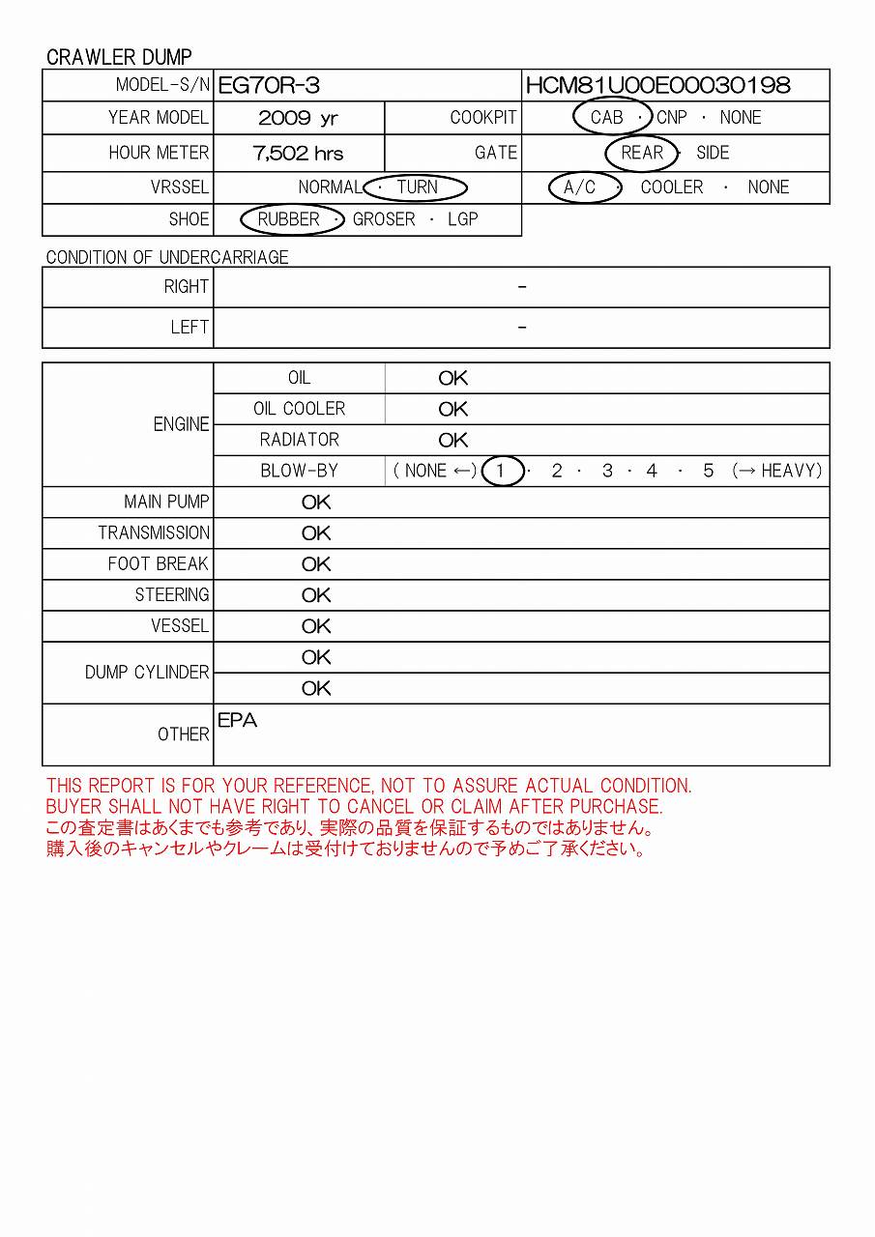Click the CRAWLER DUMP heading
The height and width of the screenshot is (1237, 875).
pyautogui.click(x=119, y=57)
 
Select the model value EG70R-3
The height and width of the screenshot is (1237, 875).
pyautogui.click(x=269, y=85)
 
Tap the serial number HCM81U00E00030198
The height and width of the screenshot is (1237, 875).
pyautogui.click(x=657, y=85)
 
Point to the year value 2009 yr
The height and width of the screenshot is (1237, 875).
pyautogui.click(x=298, y=118)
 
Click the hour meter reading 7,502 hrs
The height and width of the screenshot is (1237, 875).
pyautogui.click(x=298, y=153)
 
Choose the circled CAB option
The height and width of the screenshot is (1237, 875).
pyautogui.click(x=607, y=118)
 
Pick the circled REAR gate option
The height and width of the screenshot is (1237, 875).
pyautogui.click(x=642, y=153)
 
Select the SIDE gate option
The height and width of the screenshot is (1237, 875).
pyautogui.click(x=713, y=153)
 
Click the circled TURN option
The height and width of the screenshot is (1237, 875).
pyautogui.click(x=418, y=187)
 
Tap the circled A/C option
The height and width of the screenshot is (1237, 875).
pyautogui.click(x=580, y=187)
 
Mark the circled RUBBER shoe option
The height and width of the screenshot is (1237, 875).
pyautogui.click(x=288, y=219)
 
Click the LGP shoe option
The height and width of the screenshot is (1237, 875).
pyautogui.click(x=463, y=219)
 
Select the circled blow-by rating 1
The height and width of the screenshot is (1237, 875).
pyautogui.click(x=501, y=472)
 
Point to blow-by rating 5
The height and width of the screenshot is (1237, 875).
pyautogui.click(x=708, y=472)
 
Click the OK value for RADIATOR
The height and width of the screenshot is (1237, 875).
pyautogui.click(x=452, y=441)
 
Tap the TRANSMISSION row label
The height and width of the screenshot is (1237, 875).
pyautogui.click(x=154, y=533)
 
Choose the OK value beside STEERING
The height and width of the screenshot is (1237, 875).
pyautogui.click(x=316, y=595)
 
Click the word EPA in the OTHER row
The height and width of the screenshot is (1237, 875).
pyautogui.click(x=238, y=721)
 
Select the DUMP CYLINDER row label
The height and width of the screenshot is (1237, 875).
pyautogui.click(x=147, y=673)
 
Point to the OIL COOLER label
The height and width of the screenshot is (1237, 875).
pyautogui.click(x=299, y=409)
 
